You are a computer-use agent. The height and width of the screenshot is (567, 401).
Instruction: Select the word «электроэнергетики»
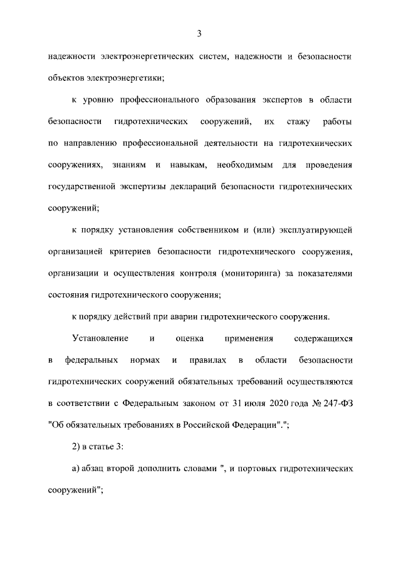click(x=130, y=78)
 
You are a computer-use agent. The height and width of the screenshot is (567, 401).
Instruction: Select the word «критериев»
click(x=137, y=252)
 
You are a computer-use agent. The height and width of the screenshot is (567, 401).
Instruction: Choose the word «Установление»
click(x=100, y=338)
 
